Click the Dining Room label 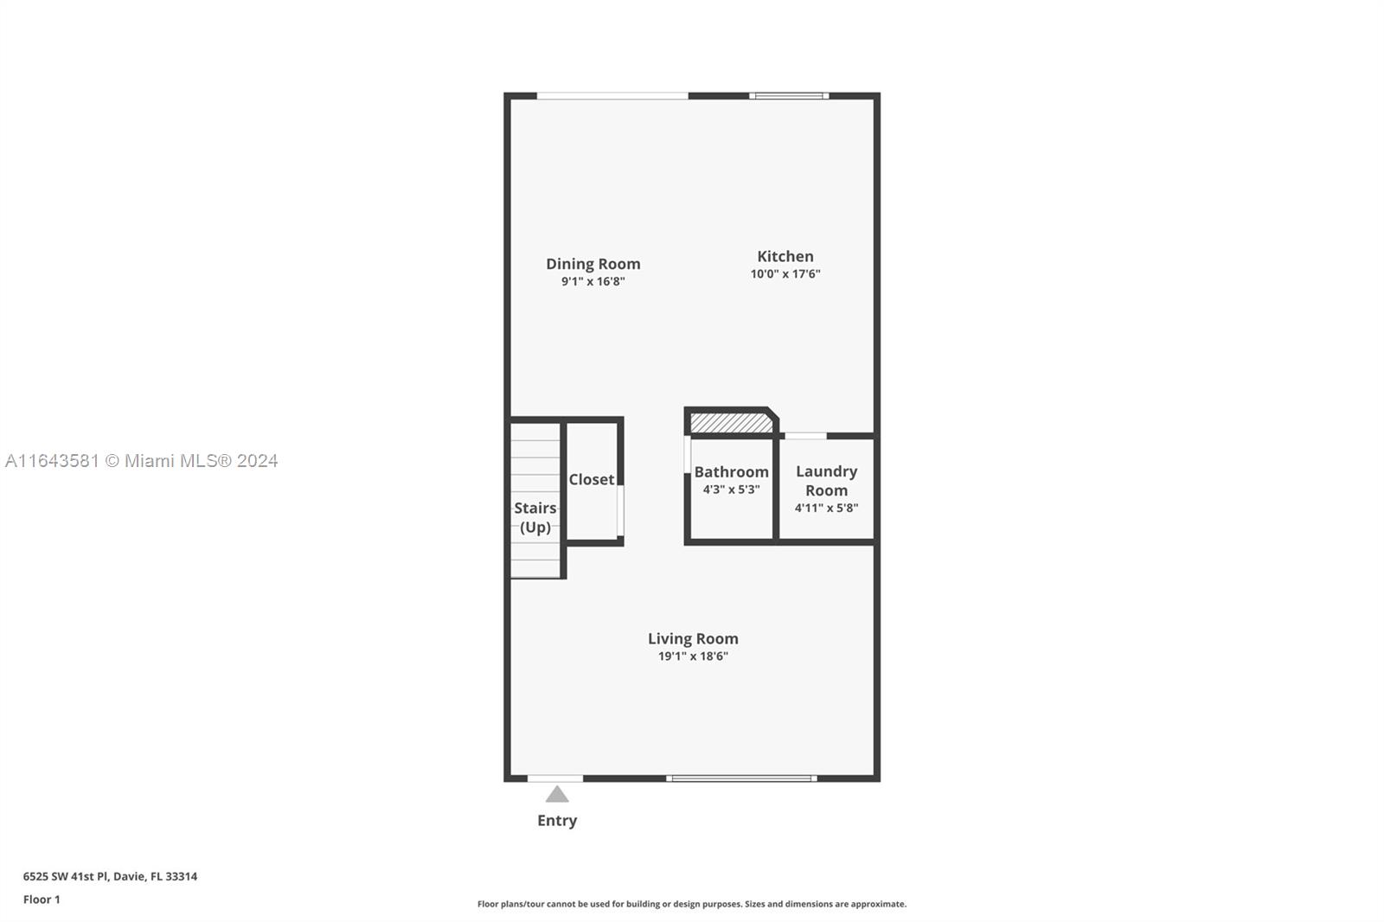pos(593,265)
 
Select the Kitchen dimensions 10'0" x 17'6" pos(785,274)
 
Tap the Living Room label pos(693,638)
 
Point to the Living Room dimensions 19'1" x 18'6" pos(693,656)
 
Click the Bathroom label pos(731,472)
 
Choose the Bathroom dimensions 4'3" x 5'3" pos(731,490)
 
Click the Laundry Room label pos(826,481)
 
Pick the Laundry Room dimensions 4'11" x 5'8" pos(826,508)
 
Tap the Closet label pos(592,479)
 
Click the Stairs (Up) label pos(535,517)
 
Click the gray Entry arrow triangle pos(557,795)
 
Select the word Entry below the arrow pos(557,821)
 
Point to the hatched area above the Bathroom pos(731,423)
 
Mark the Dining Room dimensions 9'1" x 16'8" pos(593,282)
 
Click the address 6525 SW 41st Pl pos(66,876)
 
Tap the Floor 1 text pos(42,900)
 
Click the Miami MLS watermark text pos(141,461)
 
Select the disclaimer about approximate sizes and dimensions pos(691,904)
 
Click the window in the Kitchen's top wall pos(789,96)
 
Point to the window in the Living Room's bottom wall pos(741,778)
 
